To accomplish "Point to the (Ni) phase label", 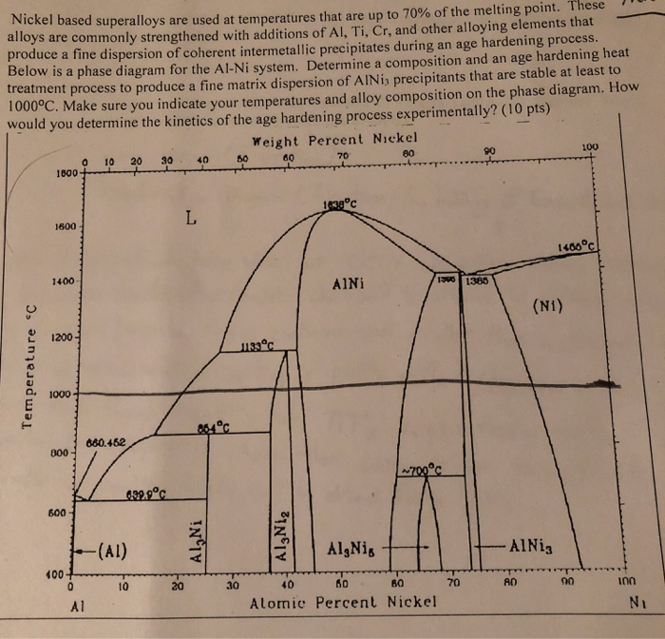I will tap(551, 305).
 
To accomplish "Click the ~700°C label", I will tap(422, 468).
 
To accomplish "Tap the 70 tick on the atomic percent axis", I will tap(453, 583).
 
